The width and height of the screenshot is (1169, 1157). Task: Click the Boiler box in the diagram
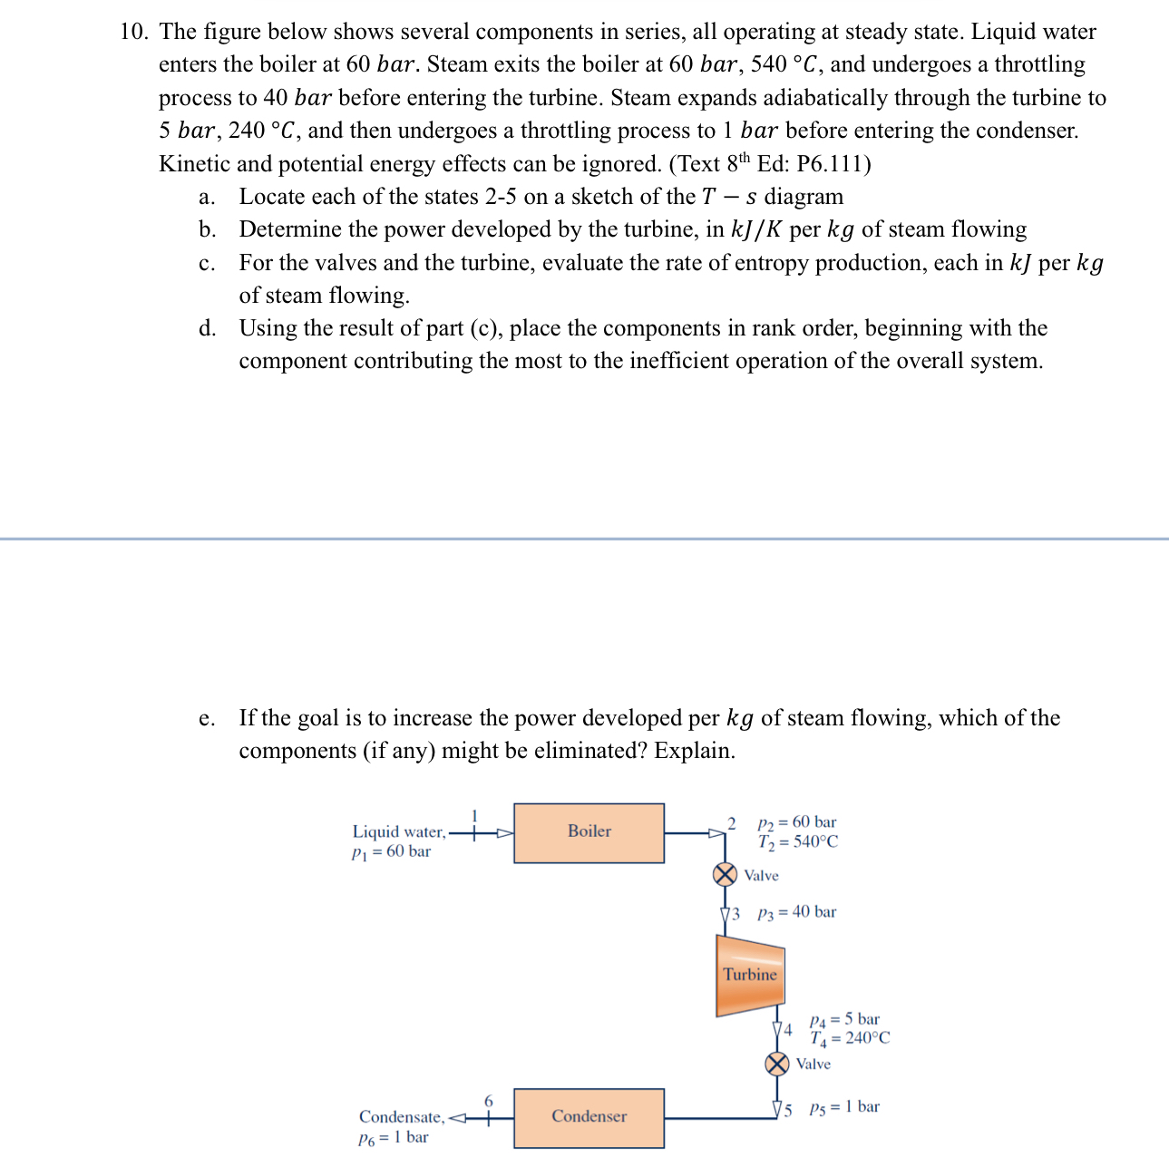(x=589, y=832)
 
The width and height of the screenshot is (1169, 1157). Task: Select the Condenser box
(x=589, y=1117)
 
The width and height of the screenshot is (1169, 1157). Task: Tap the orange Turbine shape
(x=750, y=976)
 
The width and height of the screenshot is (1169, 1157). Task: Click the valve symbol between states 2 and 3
(x=725, y=874)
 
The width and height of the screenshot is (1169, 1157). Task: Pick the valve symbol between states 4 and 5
(x=777, y=1064)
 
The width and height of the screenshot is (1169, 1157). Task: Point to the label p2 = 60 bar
(x=796, y=822)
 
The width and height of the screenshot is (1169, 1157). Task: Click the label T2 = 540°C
(x=798, y=842)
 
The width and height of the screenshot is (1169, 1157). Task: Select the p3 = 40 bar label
(x=796, y=912)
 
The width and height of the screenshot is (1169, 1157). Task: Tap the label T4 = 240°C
(x=850, y=1038)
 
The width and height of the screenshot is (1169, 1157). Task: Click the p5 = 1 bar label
(x=843, y=1107)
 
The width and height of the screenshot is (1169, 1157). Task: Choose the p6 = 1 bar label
(x=393, y=1138)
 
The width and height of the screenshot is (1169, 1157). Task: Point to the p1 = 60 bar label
(x=391, y=851)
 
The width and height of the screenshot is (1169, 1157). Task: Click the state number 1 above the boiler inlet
(x=473, y=814)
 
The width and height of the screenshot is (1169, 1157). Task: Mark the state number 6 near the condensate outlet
(x=488, y=1101)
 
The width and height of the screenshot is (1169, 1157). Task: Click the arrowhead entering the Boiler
(x=504, y=832)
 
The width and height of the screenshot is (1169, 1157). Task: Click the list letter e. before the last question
(x=207, y=719)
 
